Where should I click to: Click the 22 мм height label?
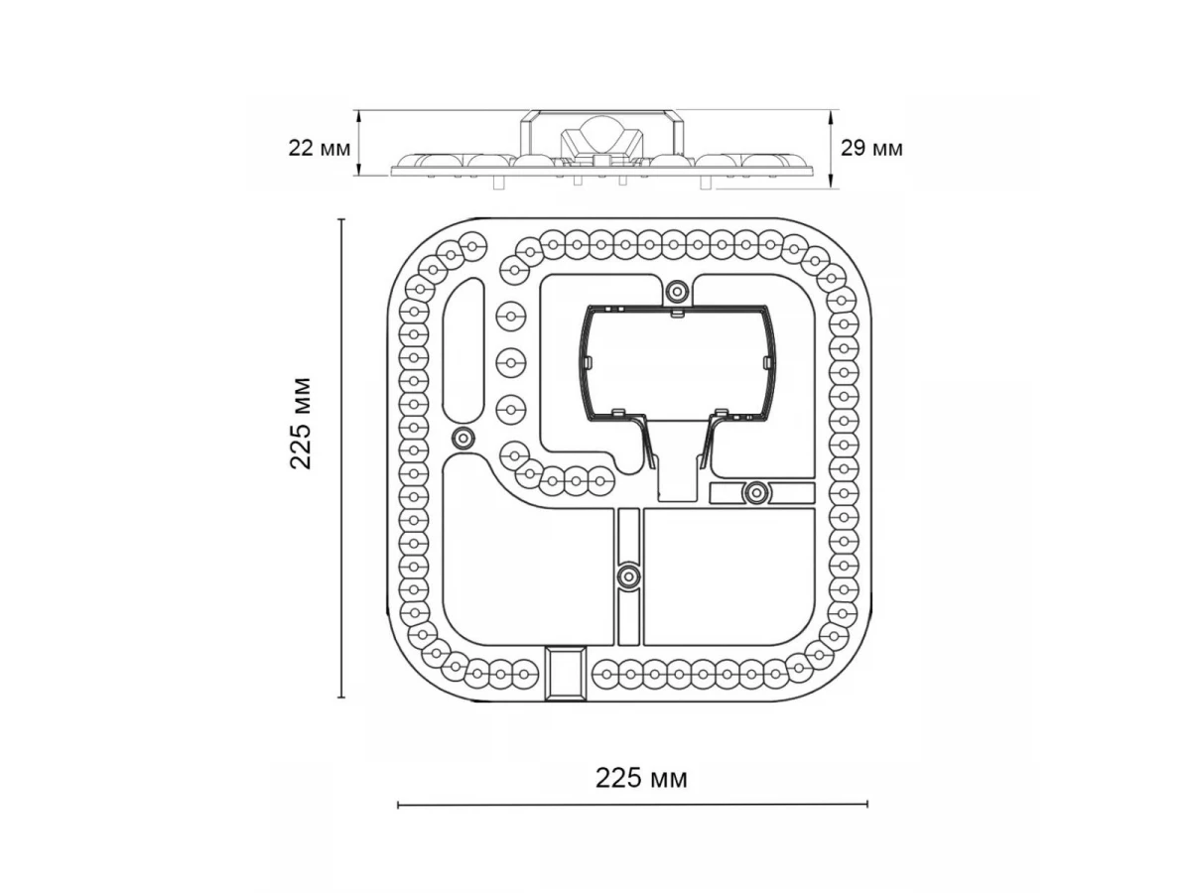(x=319, y=148)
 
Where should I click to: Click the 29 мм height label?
(x=872, y=148)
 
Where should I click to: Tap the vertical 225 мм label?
(x=301, y=424)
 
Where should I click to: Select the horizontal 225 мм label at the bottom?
(x=641, y=779)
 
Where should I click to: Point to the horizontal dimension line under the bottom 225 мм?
(x=632, y=805)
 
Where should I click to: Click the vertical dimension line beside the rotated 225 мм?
(x=341, y=458)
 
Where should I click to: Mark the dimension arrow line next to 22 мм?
(x=358, y=143)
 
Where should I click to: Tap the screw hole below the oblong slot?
(x=463, y=437)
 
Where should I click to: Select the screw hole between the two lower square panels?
(x=629, y=574)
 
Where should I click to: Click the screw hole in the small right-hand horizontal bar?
(x=755, y=492)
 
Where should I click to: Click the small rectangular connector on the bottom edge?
(x=566, y=674)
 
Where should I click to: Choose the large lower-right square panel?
(x=728, y=576)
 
